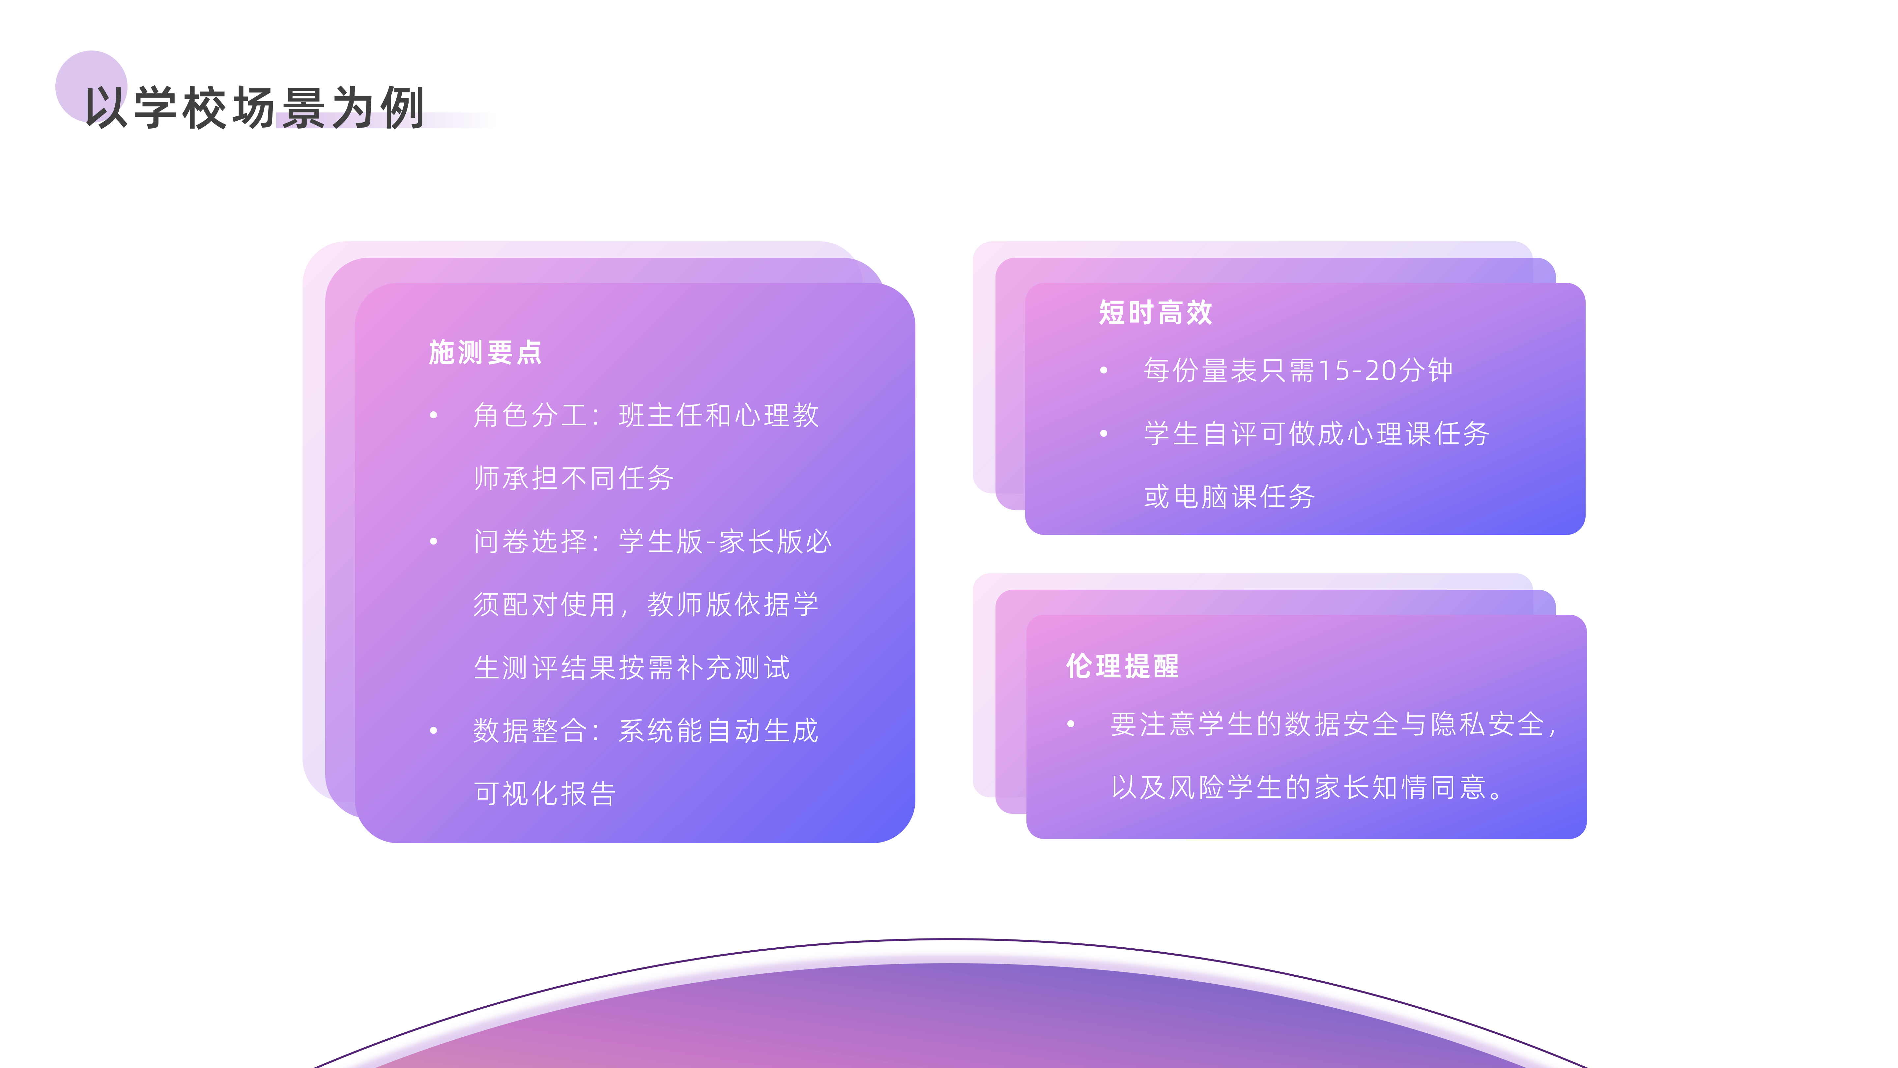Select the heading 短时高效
click(1155, 312)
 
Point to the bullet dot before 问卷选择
click(434, 542)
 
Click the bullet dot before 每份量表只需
click(1104, 370)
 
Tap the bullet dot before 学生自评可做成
click(1104, 433)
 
